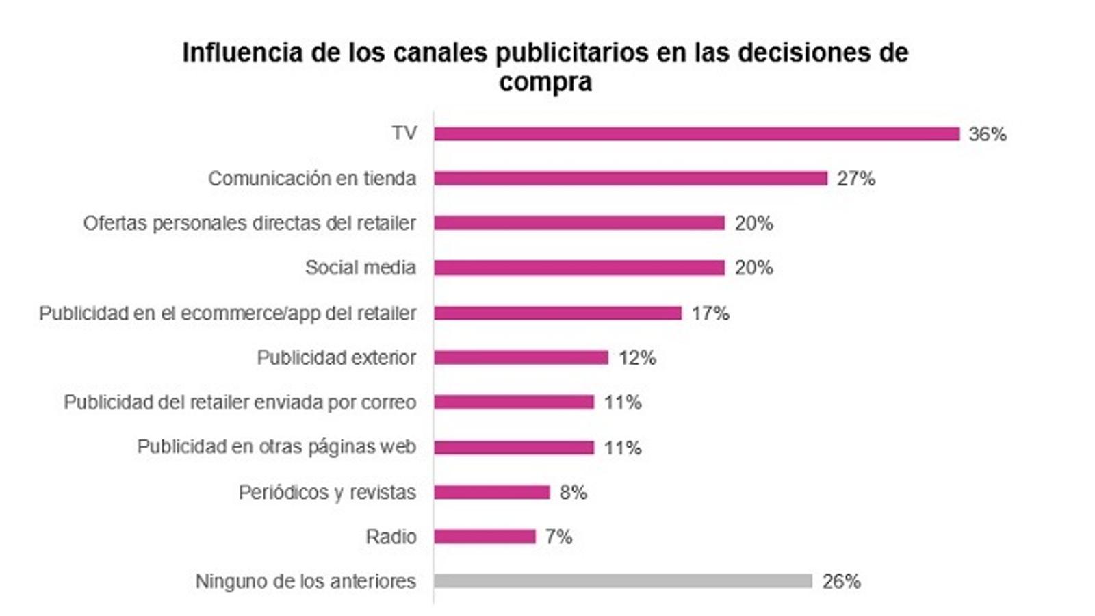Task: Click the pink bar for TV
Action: click(696, 134)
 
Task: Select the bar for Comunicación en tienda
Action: click(630, 179)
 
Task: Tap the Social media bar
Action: click(579, 268)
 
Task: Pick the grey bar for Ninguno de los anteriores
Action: click(623, 581)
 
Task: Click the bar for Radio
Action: click(485, 537)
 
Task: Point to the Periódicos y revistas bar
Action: click(491, 492)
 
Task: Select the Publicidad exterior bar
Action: click(521, 358)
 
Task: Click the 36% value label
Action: click(988, 134)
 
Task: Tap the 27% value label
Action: click(856, 179)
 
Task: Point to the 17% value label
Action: click(710, 313)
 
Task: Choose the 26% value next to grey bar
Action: click(841, 581)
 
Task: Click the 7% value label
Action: click(558, 537)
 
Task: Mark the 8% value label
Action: click(573, 492)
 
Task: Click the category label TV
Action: click(404, 133)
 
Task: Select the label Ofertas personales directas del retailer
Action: click(250, 223)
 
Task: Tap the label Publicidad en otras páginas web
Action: click(276, 447)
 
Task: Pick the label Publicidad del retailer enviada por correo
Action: click(240, 402)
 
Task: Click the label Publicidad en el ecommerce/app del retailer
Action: click(227, 313)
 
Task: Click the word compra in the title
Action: click(545, 83)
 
